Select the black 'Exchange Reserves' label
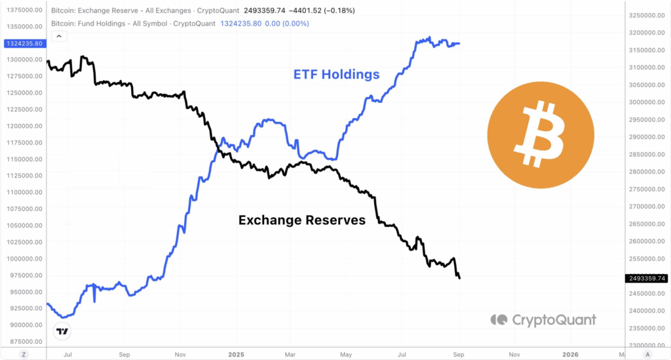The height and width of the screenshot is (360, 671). [302, 220]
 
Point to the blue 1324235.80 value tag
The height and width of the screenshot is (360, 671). [24, 43]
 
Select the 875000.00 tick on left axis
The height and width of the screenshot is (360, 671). [26, 342]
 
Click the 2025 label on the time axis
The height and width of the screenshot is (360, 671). [235, 354]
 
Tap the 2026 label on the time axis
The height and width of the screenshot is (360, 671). [570, 354]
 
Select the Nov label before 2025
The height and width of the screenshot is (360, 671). [180, 354]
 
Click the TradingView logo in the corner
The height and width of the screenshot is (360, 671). [62, 332]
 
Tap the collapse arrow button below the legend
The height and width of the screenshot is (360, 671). [59, 37]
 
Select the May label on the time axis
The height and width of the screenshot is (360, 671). [346, 354]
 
